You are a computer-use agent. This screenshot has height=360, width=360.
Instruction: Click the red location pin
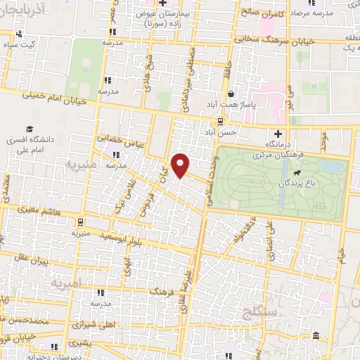click(x=181, y=165)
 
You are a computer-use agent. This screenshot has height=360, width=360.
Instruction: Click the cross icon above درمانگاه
click(x=278, y=133)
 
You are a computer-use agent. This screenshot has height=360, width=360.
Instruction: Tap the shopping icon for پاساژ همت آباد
click(x=231, y=94)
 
